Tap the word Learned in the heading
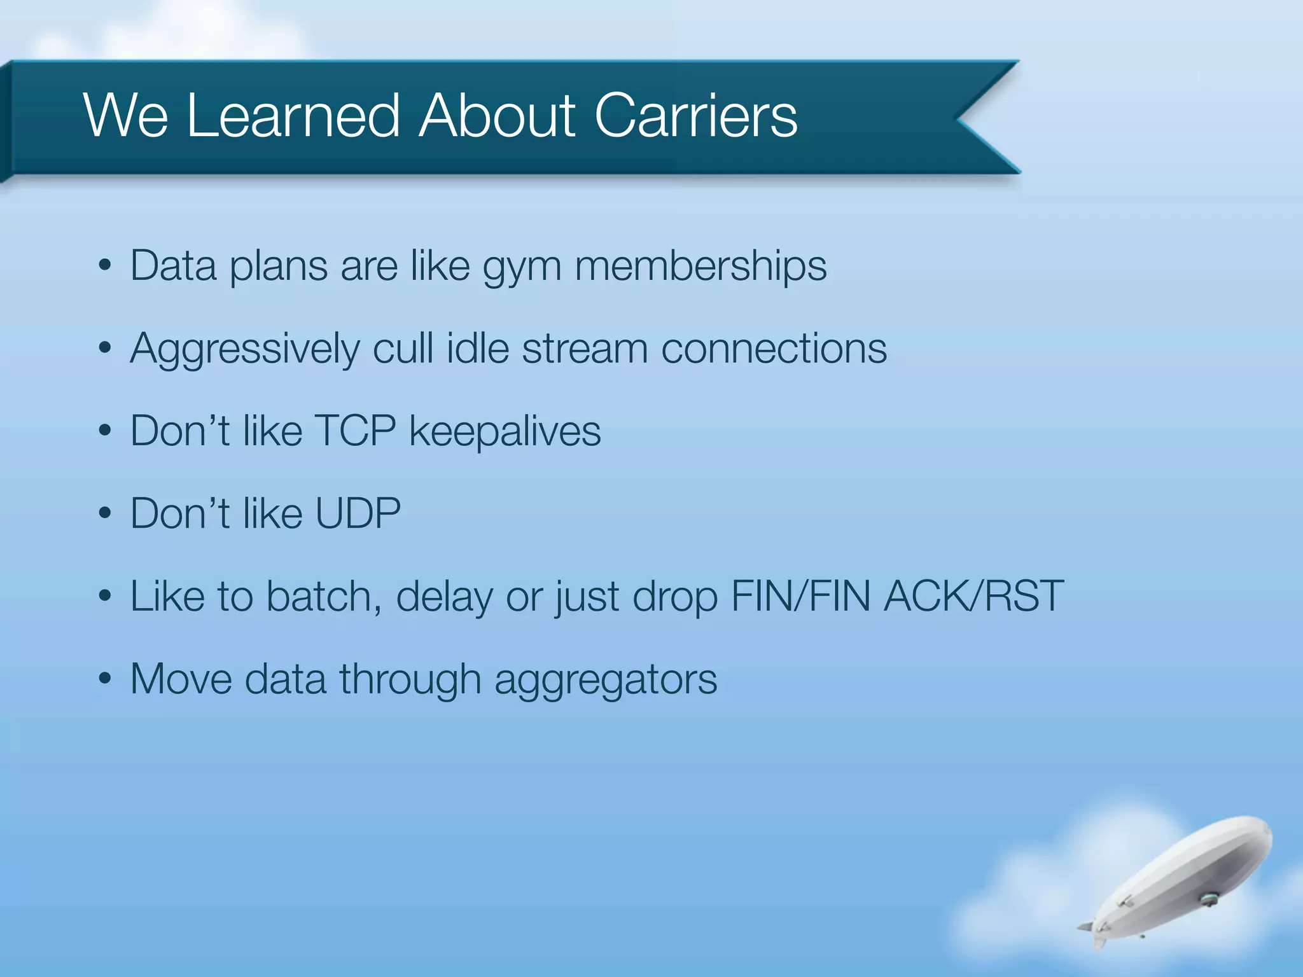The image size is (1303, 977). click(293, 116)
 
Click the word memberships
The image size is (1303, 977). click(700, 266)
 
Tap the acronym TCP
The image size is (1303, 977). click(355, 431)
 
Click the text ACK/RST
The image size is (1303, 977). click(973, 597)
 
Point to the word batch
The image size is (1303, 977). click(323, 597)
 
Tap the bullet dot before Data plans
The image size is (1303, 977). click(105, 266)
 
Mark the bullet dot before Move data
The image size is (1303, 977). click(105, 679)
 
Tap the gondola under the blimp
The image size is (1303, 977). click(1206, 899)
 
